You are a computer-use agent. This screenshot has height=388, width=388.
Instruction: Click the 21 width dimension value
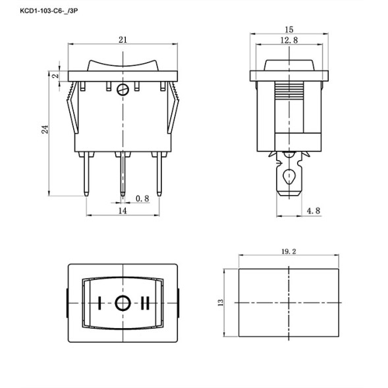123,40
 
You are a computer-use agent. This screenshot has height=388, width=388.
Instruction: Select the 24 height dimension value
45,130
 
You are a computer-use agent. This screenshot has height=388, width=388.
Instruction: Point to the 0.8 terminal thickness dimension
142,198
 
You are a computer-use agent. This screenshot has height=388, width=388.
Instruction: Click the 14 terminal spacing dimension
122,211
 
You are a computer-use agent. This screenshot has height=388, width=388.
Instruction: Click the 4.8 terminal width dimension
314,211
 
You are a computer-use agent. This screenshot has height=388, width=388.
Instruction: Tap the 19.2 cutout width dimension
288,250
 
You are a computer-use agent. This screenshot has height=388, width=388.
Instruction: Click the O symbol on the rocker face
123,303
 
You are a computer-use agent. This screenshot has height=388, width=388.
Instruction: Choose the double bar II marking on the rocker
145,303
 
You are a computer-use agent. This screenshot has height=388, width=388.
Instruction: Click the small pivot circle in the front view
123,90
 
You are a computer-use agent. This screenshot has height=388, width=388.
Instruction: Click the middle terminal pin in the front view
123,175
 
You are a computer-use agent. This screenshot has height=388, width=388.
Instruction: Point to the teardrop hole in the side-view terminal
288,177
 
